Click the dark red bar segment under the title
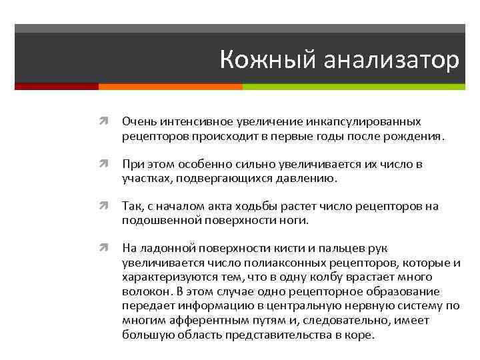[57, 87]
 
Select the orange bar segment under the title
[170, 87]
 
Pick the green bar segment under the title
[353, 87]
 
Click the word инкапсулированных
[363, 122]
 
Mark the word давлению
[312, 179]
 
